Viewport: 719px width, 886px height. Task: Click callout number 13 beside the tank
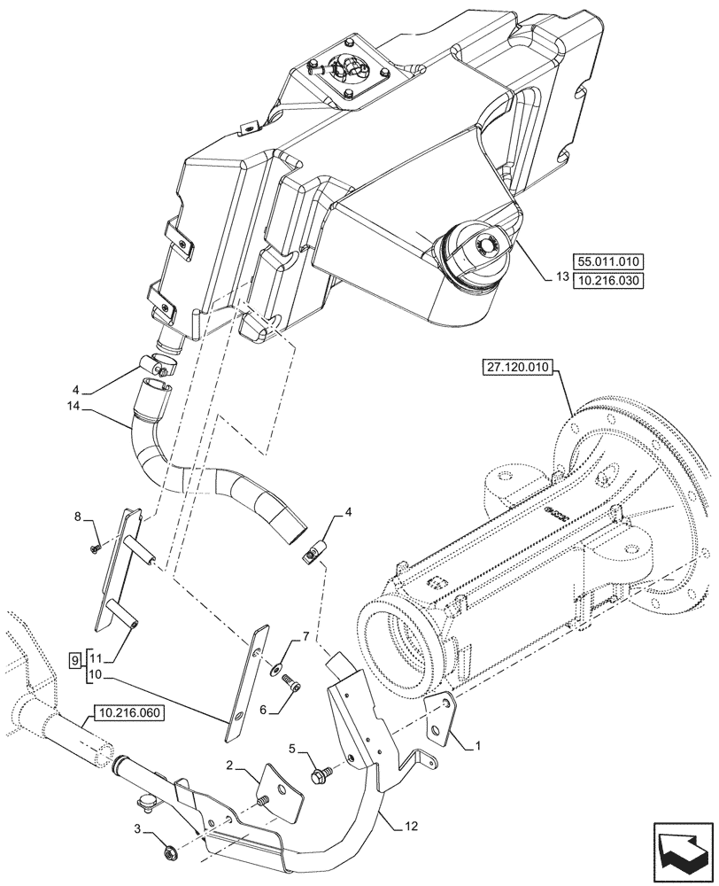[561, 276]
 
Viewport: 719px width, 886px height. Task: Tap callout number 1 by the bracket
[479, 747]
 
